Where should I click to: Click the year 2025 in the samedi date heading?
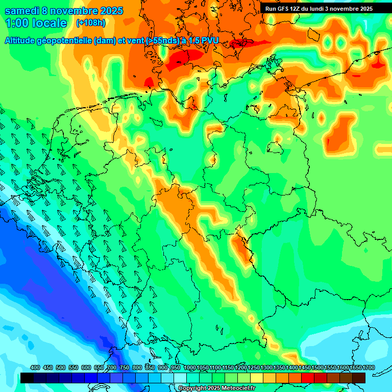(x=108, y=11)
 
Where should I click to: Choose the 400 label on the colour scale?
(x=35, y=368)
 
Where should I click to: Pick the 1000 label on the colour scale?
(x=190, y=368)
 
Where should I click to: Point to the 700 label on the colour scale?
(x=112, y=368)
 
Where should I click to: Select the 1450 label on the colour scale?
(x=305, y=368)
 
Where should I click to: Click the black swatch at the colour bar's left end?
(x=28, y=378)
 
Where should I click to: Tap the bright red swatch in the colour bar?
(x=308, y=378)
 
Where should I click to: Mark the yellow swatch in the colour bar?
(x=257, y=378)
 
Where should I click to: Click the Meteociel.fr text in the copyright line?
(x=236, y=388)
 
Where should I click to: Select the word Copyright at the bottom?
(x=193, y=388)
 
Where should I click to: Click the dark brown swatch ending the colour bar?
(x=359, y=378)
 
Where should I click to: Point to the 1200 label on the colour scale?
(x=241, y=368)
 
